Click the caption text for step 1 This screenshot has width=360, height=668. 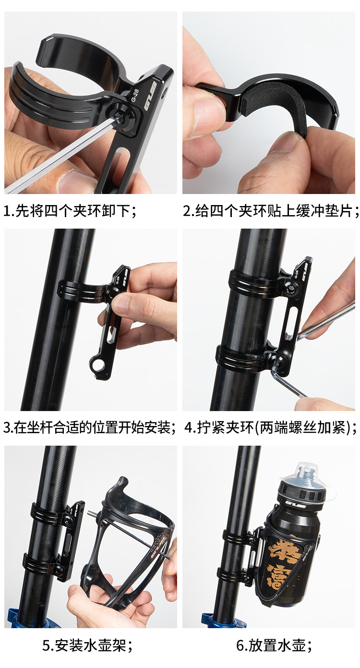pos(71,211)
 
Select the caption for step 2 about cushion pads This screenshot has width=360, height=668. pos(271,211)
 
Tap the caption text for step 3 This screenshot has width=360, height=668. pos(89,427)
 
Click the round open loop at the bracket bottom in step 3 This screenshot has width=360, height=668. pos(97,364)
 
